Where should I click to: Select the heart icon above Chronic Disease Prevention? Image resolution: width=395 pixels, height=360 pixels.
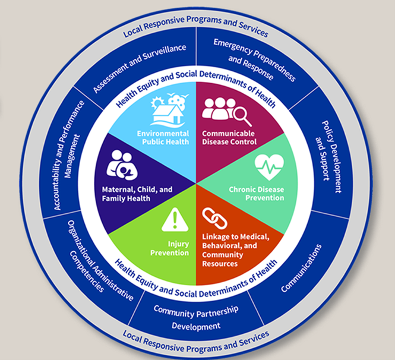coord(269,167)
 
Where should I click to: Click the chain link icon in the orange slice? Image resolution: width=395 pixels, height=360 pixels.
coord(214,219)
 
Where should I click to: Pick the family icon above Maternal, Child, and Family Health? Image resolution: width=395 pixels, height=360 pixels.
coord(122,165)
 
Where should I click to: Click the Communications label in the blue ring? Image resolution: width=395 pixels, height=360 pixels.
coord(301,268)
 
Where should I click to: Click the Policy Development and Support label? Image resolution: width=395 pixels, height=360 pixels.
coord(328,157)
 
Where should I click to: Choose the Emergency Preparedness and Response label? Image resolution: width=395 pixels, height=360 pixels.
coord(254,60)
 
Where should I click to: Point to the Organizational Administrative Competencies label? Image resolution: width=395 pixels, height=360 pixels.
coord(101,261)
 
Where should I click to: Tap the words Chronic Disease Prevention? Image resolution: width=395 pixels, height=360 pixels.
coord(257,194)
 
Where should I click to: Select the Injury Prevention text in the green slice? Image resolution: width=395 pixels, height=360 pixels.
coord(169,248)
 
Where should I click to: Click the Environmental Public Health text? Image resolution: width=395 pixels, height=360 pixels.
coord(163,138)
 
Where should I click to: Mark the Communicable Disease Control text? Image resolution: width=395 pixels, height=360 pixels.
coord(229,138)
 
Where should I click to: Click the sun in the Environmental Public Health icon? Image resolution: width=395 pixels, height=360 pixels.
coord(157,103)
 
